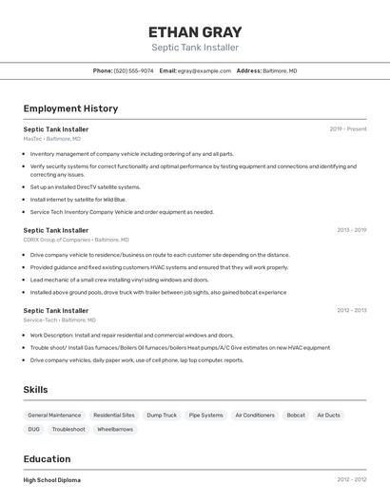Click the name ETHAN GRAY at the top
pos(195,31)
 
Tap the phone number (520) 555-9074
pos(133,70)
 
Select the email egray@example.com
pos(205,70)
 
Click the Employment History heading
pos(70,108)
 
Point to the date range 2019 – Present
pos(348,128)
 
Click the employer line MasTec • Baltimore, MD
pos(52,139)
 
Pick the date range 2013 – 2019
pos(351,230)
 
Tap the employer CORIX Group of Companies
pos(58,240)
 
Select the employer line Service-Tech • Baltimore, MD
pos(60,320)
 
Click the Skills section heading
pos(35,390)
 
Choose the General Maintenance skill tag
pos(54,416)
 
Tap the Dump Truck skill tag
pos(162,416)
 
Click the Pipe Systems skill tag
pos(205,416)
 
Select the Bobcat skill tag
pos(296,416)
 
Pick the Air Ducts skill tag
pos(328,416)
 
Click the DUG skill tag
pos(33,430)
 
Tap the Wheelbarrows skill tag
pos(115,430)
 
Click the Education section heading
pos(47,458)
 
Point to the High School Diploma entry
pos(52,480)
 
